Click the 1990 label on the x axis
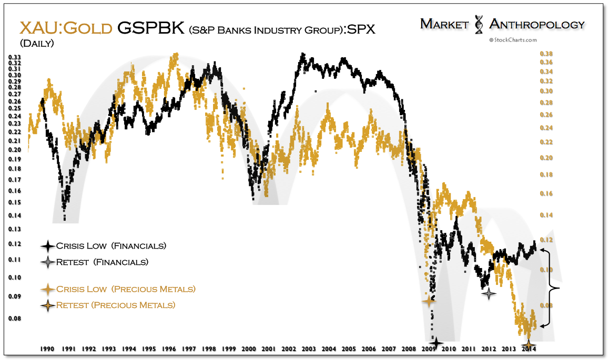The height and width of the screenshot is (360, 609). tap(47, 348)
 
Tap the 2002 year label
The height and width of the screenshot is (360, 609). tap(288, 348)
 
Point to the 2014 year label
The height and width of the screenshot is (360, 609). tap(529, 348)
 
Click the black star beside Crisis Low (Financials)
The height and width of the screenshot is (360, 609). tap(48, 246)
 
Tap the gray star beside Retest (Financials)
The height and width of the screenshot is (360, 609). tap(48, 262)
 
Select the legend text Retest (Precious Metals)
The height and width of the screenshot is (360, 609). tap(116, 305)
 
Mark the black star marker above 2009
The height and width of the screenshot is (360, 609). tap(435, 342)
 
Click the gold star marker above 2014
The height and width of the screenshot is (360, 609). tap(529, 343)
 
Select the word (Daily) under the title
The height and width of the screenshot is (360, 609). tap(37, 43)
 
